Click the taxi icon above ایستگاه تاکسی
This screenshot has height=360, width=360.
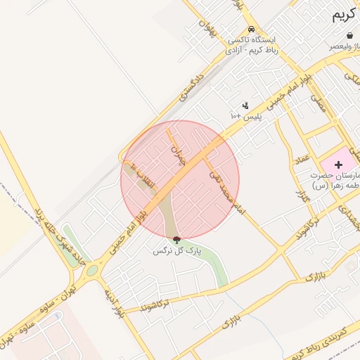pyautogui.click(x=252, y=29)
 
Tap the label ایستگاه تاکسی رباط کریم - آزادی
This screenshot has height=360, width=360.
pyautogui.click(x=252, y=46)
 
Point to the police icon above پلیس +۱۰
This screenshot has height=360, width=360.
pyautogui.click(x=245, y=105)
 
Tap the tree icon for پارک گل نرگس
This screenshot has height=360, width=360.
pyautogui.click(x=176, y=240)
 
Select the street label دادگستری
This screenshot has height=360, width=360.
pyautogui.click(x=191, y=84)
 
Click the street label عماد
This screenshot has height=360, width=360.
pyautogui.click(x=302, y=161)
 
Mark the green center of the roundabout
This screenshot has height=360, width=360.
pyautogui.click(x=92, y=270)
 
